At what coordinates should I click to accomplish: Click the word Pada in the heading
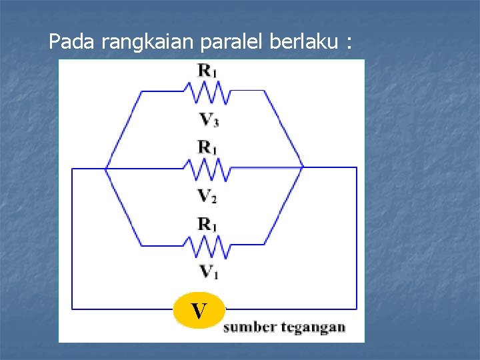point(73,43)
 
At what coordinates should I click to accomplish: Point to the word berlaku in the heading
point(303,43)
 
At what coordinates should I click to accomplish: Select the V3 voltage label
point(208,120)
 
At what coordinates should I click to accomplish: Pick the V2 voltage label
point(208,196)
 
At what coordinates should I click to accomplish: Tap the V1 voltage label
point(208,272)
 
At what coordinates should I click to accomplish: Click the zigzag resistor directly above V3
point(211,93)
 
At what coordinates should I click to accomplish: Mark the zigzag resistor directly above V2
point(211,171)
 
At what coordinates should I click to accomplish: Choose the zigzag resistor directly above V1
point(211,248)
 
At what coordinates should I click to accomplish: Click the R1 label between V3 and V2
point(207,147)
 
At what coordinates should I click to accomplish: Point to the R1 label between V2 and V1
point(207,224)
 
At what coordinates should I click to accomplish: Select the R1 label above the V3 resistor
point(207,69)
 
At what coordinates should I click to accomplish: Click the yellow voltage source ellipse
point(199,310)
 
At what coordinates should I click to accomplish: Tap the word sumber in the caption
point(247,327)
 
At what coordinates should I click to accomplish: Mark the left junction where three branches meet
point(106,168)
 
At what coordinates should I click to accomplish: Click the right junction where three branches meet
point(303,167)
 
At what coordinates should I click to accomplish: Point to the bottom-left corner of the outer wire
point(72,309)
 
